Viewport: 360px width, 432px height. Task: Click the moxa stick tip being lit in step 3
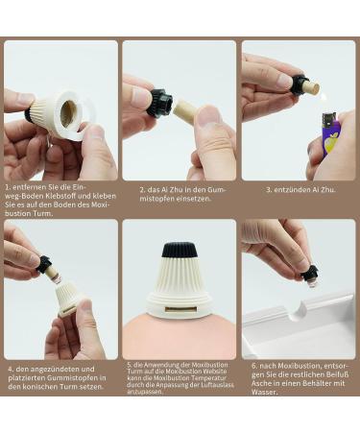pyautogui.click(x=313, y=88)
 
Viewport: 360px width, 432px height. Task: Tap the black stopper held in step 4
pyautogui.click(x=43, y=264)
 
